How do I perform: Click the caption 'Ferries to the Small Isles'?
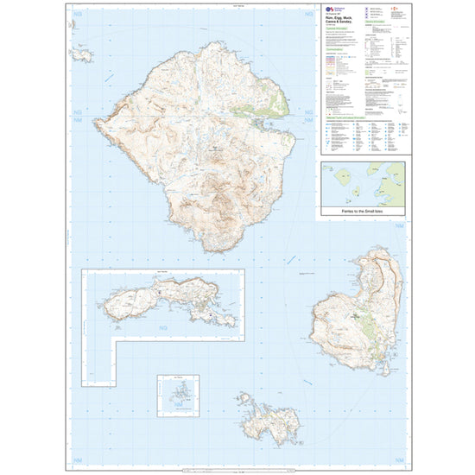click(347, 212)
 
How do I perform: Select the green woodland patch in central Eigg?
click(366, 324)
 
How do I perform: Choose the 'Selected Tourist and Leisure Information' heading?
click(350, 121)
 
